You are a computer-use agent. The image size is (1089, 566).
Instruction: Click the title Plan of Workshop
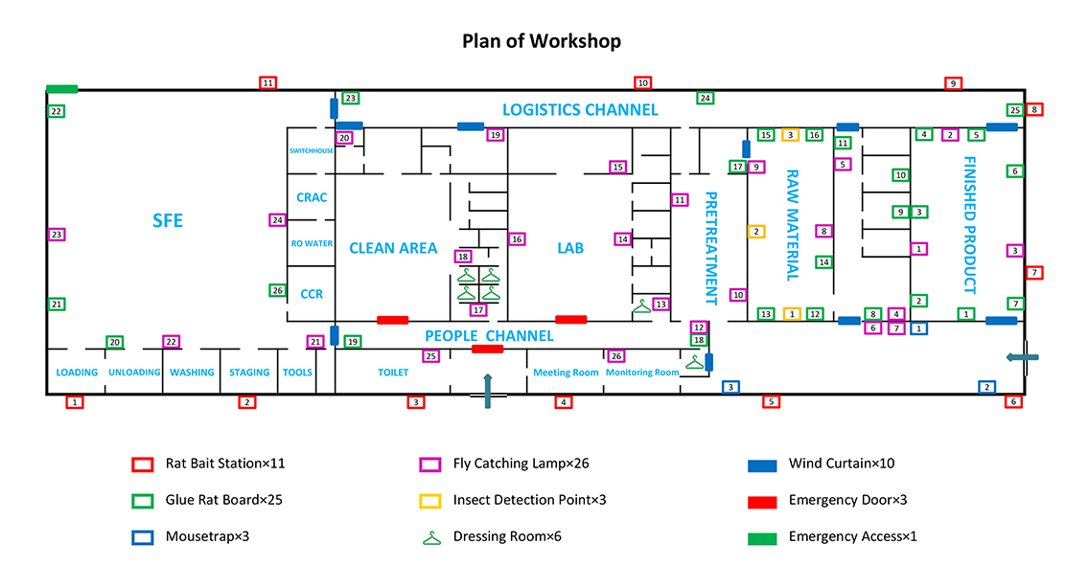(x=542, y=41)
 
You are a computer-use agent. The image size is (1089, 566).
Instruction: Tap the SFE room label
(x=168, y=221)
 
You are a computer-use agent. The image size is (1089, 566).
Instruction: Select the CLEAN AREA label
(x=393, y=248)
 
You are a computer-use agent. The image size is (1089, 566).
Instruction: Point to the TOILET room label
(x=393, y=373)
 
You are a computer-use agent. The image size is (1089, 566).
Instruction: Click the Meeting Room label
(x=566, y=373)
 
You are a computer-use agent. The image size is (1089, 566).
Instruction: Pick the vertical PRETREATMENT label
(x=711, y=246)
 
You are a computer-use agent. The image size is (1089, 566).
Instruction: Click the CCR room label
(x=312, y=294)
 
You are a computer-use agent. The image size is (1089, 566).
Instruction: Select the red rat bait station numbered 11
(x=268, y=83)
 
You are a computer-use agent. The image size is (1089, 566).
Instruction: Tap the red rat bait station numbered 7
(x=1033, y=273)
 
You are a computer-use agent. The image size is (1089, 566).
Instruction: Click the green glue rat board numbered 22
(x=57, y=111)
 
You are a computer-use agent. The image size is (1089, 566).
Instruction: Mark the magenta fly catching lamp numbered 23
(x=57, y=235)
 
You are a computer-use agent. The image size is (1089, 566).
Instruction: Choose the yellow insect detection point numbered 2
(x=756, y=231)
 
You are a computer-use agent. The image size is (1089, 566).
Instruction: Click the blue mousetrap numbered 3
(x=730, y=387)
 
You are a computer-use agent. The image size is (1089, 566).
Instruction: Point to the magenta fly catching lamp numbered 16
(x=517, y=238)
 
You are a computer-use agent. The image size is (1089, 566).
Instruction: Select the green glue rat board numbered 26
(x=277, y=290)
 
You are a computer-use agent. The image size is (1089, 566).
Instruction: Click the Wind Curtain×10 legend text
(x=842, y=464)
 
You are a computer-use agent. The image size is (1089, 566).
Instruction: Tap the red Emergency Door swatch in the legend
(x=762, y=501)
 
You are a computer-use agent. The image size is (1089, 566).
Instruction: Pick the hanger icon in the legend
(x=431, y=537)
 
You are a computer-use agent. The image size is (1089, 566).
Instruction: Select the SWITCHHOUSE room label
(x=312, y=150)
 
